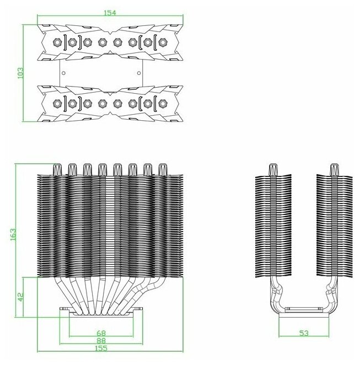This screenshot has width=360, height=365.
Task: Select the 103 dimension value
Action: [x=21, y=73]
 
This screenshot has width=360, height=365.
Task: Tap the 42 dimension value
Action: [x=21, y=296]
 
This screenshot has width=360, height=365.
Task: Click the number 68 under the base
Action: [x=102, y=332]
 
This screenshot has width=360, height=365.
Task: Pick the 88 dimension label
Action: [x=102, y=340]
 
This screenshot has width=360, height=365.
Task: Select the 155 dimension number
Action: [x=102, y=348]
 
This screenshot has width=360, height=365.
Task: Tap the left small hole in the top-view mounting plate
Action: [x=64, y=72]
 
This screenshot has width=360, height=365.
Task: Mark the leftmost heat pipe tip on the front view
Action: [x=57, y=169]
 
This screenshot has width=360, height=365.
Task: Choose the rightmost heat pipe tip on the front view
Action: [x=162, y=169]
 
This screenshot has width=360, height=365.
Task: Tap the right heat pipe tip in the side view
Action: [x=333, y=169]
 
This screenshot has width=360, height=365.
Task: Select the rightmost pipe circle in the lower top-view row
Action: [x=162, y=103]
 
